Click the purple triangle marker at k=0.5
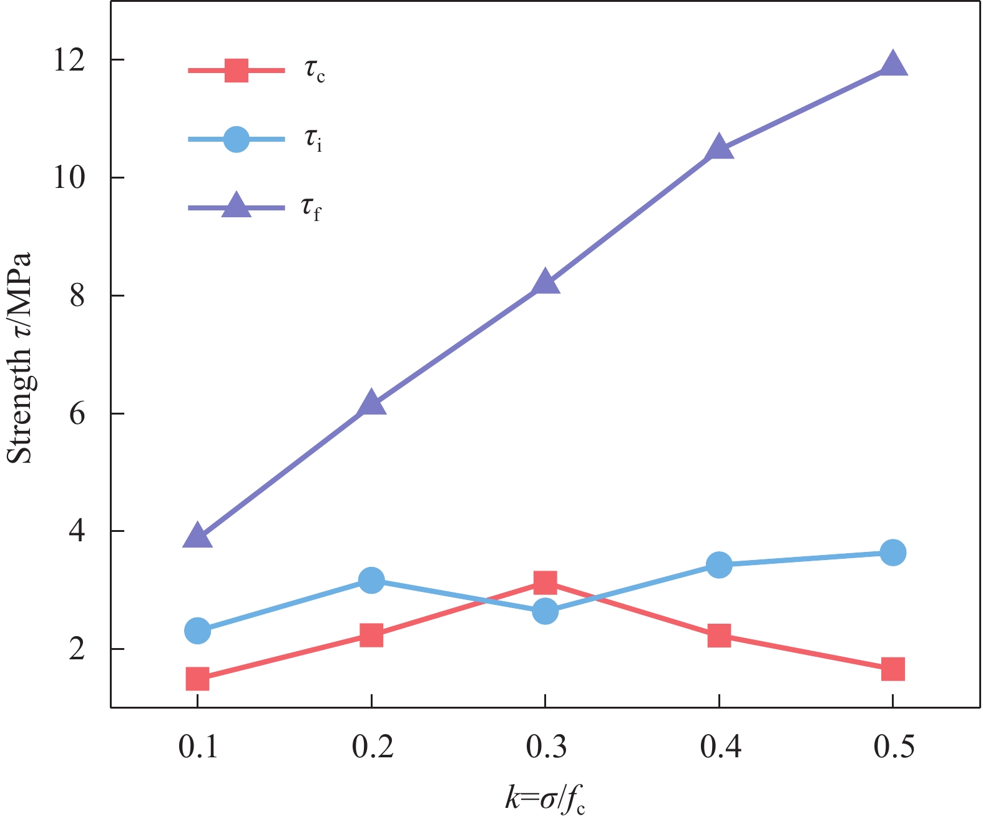pyautogui.click(x=893, y=64)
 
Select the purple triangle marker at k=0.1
pyautogui.click(x=197, y=536)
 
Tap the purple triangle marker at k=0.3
pyautogui.click(x=545, y=282)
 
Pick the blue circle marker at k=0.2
pyautogui.click(x=371, y=581)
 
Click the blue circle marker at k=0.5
pyautogui.click(x=893, y=552)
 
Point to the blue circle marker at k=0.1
pyautogui.click(x=197, y=631)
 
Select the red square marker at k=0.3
pyautogui.click(x=545, y=583)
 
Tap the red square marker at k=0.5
pyautogui.click(x=893, y=669)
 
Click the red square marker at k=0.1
pyautogui.click(x=197, y=678)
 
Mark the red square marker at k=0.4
pyautogui.click(x=719, y=636)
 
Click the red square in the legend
pyautogui.click(x=237, y=71)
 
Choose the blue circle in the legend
pyautogui.click(x=237, y=139)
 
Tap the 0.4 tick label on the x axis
pyautogui.click(x=720, y=747)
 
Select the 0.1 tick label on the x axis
pyautogui.click(x=198, y=747)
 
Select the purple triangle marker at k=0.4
pyautogui.click(x=719, y=148)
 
